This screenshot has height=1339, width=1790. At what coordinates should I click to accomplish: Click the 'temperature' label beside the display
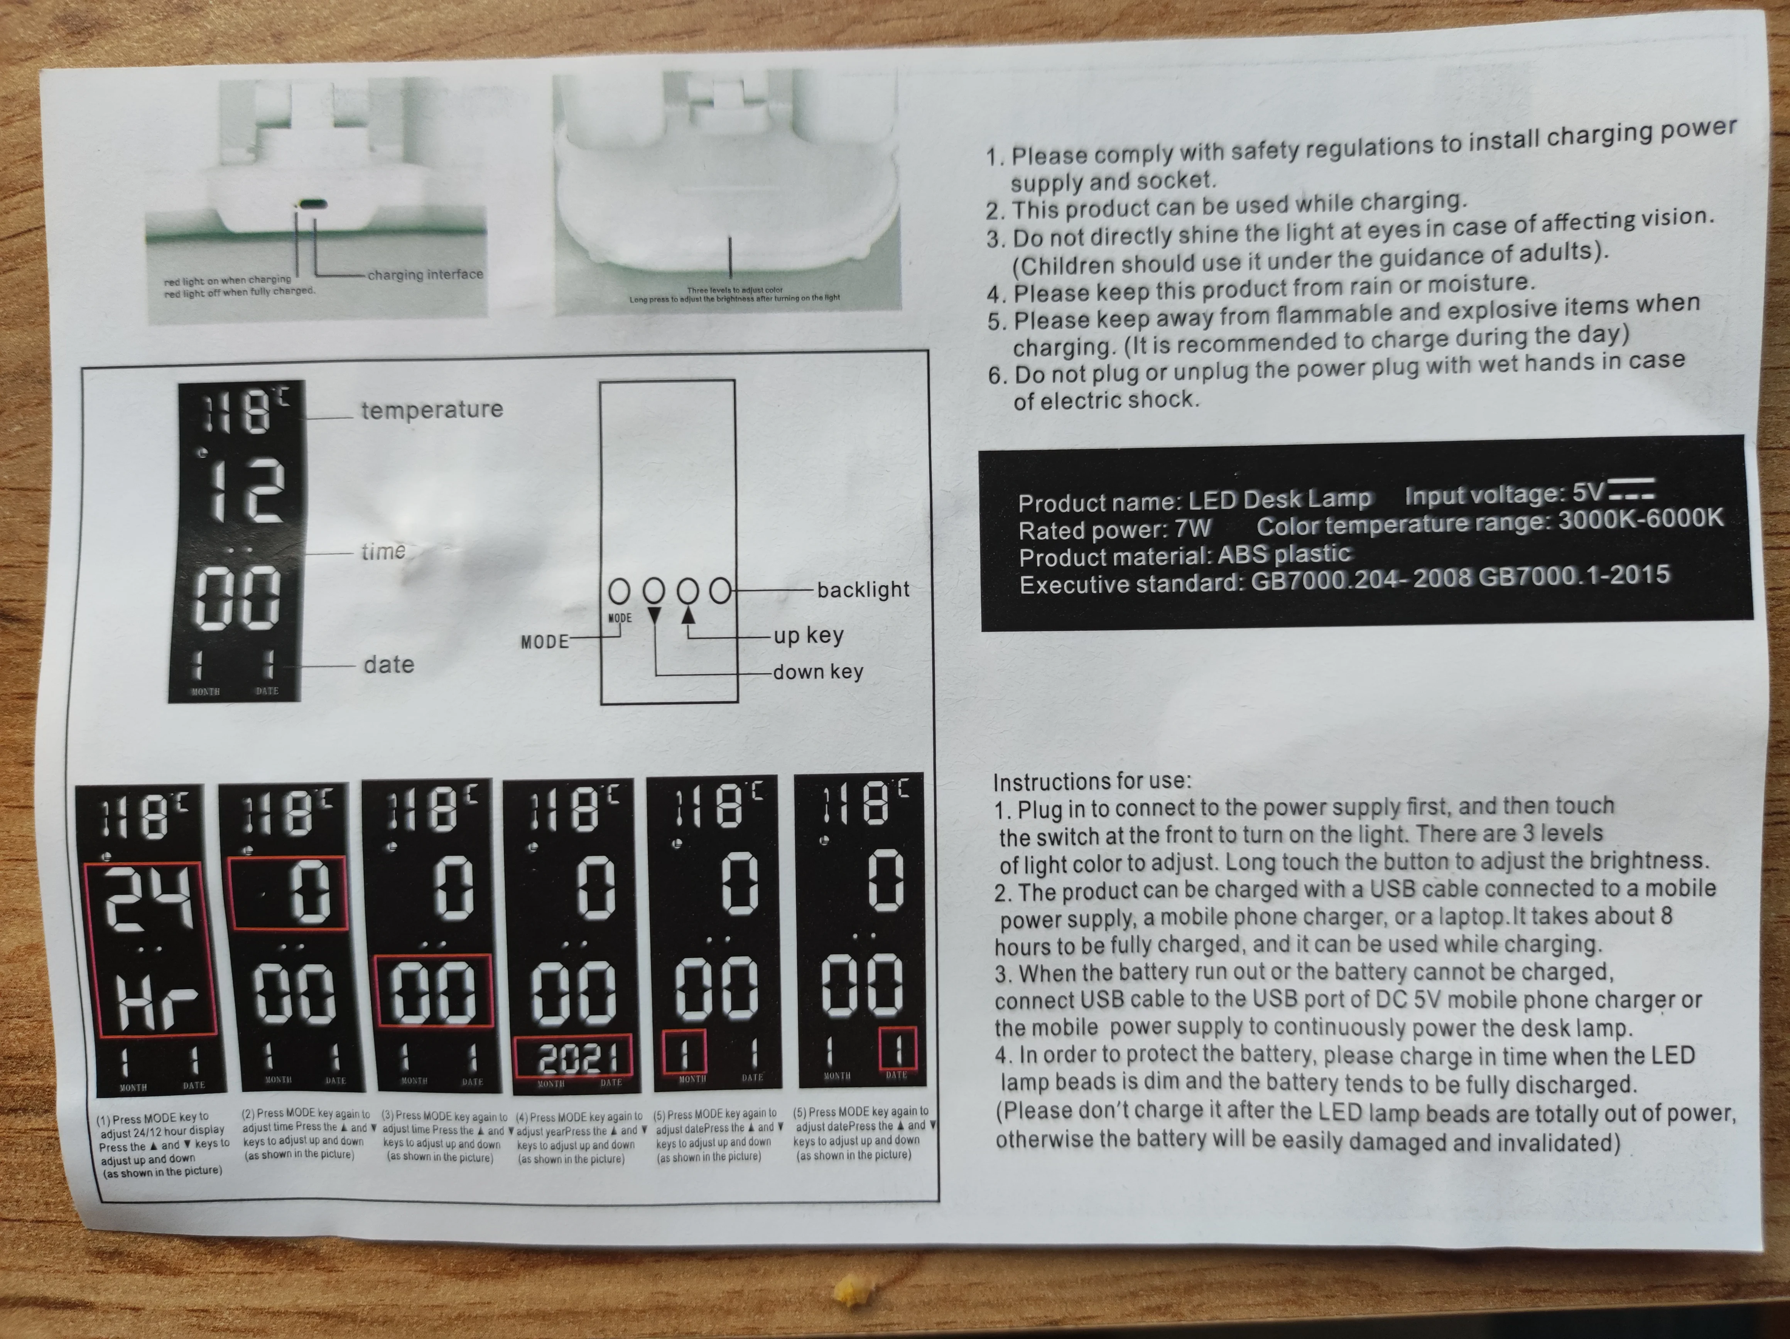pyautogui.click(x=431, y=410)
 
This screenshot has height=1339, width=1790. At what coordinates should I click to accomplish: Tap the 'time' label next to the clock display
pyautogui.click(x=383, y=552)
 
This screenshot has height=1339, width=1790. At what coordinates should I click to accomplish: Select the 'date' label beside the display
pyautogui.click(x=388, y=665)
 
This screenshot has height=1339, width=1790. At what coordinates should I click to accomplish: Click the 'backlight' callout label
pyautogui.click(x=863, y=590)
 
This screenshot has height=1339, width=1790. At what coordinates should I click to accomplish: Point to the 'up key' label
pyautogui.click(x=807, y=636)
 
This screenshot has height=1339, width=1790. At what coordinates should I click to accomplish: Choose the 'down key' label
pyautogui.click(x=817, y=672)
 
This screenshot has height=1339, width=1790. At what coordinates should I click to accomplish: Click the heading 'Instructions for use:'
pyautogui.click(x=1092, y=782)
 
